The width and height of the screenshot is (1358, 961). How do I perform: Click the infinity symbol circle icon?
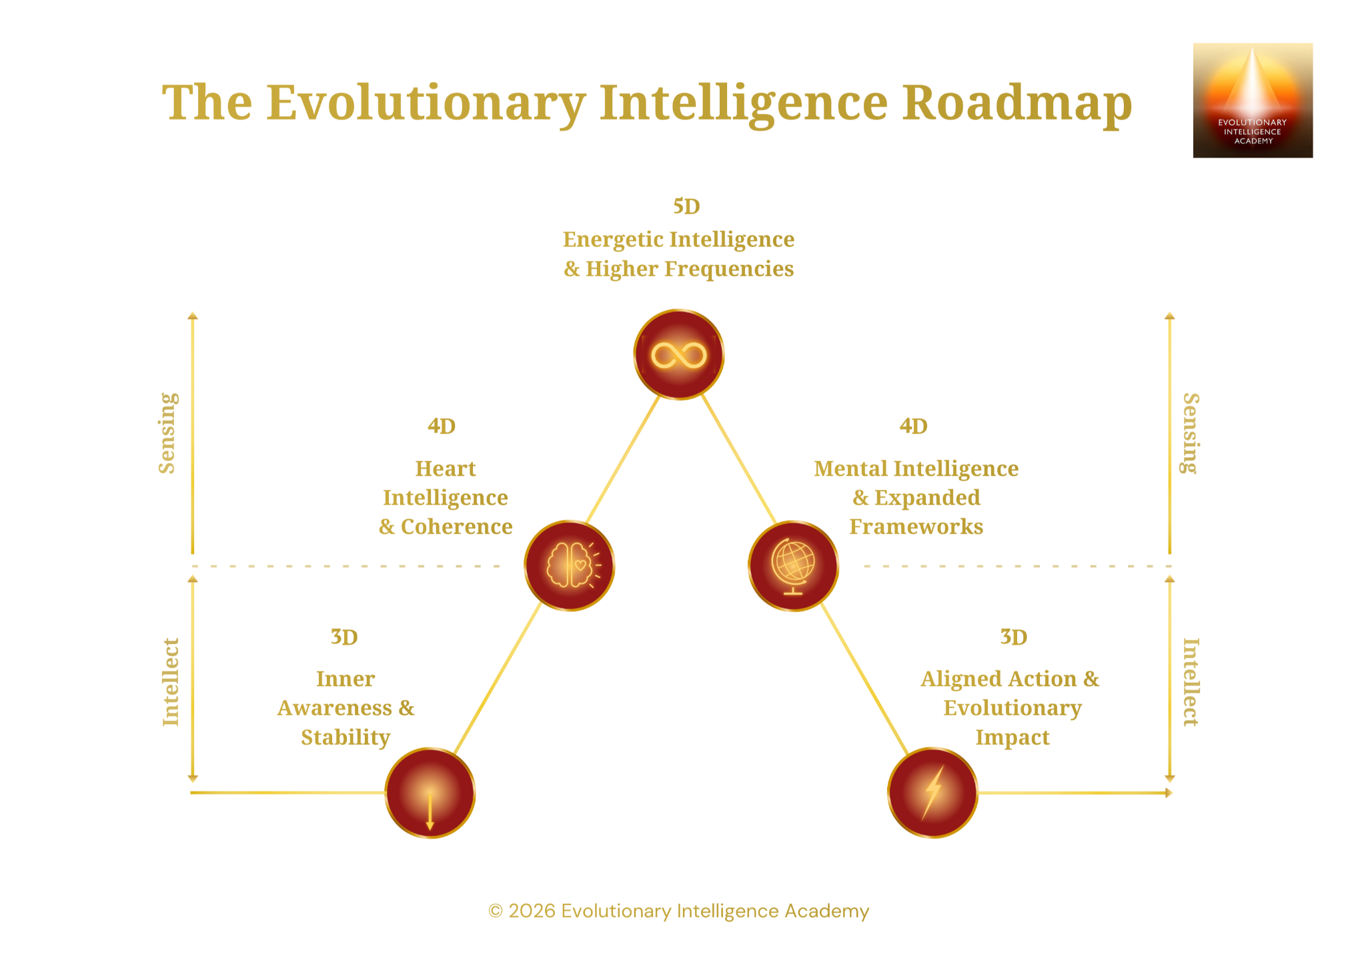[x=678, y=355]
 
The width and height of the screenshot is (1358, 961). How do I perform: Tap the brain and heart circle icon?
[x=569, y=566]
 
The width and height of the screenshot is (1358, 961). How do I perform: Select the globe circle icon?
[x=793, y=566]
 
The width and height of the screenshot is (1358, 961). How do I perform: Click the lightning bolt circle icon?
[x=932, y=793]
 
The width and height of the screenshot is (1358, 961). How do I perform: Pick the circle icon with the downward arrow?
[x=430, y=793]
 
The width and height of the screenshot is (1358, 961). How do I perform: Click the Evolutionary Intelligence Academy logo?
[x=1252, y=100]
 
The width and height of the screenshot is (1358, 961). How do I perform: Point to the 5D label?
[x=686, y=207]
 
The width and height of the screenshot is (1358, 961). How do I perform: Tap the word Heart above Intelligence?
[x=446, y=469]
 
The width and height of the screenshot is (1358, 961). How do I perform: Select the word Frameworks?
[x=916, y=527]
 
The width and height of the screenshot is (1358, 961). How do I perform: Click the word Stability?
[x=346, y=737]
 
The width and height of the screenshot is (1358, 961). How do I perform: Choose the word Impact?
[x=1012, y=737]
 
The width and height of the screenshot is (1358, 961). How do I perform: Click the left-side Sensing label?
[x=167, y=433]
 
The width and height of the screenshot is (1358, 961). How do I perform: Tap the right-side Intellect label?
[x=1191, y=682]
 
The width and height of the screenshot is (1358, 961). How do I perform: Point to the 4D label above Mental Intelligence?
[x=913, y=426]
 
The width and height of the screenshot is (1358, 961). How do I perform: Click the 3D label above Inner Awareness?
[x=344, y=637]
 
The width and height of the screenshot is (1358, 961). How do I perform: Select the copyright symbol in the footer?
[x=495, y=912]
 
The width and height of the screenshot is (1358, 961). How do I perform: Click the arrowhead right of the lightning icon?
[x=1169, y=793]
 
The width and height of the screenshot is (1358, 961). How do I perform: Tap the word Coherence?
[x=456, y=527]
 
